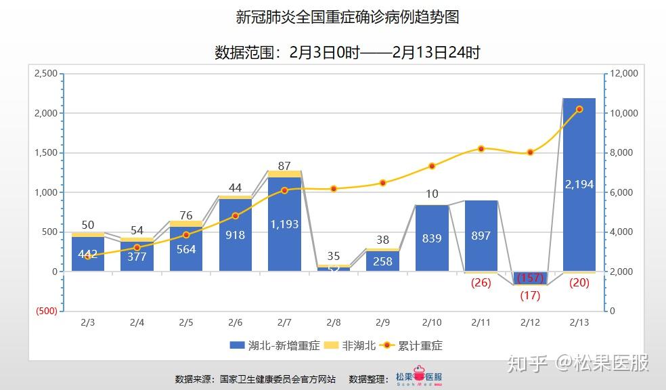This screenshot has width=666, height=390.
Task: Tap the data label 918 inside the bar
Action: pos(236,235)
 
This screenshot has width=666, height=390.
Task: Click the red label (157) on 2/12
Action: pos(530,278)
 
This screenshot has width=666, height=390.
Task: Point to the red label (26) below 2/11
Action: pos(481,282)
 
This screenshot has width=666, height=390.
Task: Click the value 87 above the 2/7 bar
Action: pos(284,165)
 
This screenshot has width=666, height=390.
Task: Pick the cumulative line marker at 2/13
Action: pos(579,109)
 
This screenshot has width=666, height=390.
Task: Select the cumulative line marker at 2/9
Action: pos(382,183)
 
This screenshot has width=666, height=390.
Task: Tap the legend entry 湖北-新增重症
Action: pos(272,345)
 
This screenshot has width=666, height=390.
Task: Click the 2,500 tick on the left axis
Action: pos(45,73)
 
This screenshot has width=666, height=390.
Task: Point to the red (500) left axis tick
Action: pos(46,311)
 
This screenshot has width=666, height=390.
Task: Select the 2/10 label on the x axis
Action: pos(432,323)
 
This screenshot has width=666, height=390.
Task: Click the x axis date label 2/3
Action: pos(87,323)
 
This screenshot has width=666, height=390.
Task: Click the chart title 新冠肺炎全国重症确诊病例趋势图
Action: pos(347,17)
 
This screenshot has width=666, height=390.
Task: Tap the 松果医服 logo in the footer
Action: pos(419,378)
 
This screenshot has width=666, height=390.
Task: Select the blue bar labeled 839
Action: pos(432,238)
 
